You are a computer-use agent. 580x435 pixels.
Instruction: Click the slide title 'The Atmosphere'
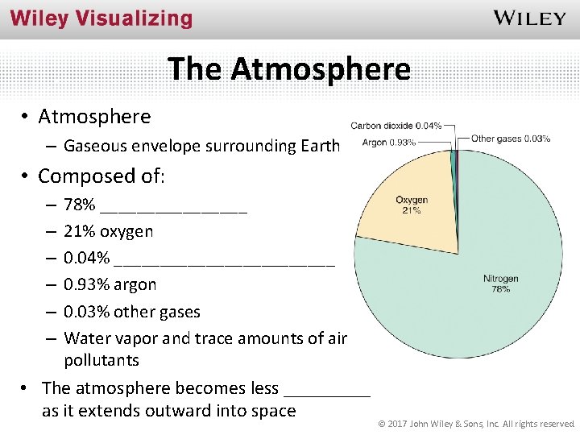click(289, 68)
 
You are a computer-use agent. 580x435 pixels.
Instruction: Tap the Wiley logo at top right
click(529, 18)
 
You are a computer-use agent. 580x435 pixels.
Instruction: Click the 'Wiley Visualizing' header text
click(101, 19)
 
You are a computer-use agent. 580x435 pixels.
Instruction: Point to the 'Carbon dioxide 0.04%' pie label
click(396, 126)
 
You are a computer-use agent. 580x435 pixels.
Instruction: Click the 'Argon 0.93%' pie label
click(388, 143)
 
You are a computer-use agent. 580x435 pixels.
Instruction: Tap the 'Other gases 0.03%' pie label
click(511, 139)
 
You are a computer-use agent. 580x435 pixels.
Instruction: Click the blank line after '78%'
click(175, 206)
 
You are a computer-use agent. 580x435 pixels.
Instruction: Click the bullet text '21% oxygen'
click(108, 232)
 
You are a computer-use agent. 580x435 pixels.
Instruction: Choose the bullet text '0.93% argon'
click(110, 285)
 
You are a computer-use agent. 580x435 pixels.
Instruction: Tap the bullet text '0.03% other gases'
click(131, 312)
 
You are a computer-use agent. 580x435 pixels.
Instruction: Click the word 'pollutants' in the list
click(101, 360)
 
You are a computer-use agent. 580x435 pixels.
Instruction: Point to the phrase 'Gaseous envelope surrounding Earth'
click(202, 146)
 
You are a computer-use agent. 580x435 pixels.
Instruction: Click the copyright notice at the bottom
click(475, 423)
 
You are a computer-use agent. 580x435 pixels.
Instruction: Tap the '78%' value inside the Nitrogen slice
click(500, 288)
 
